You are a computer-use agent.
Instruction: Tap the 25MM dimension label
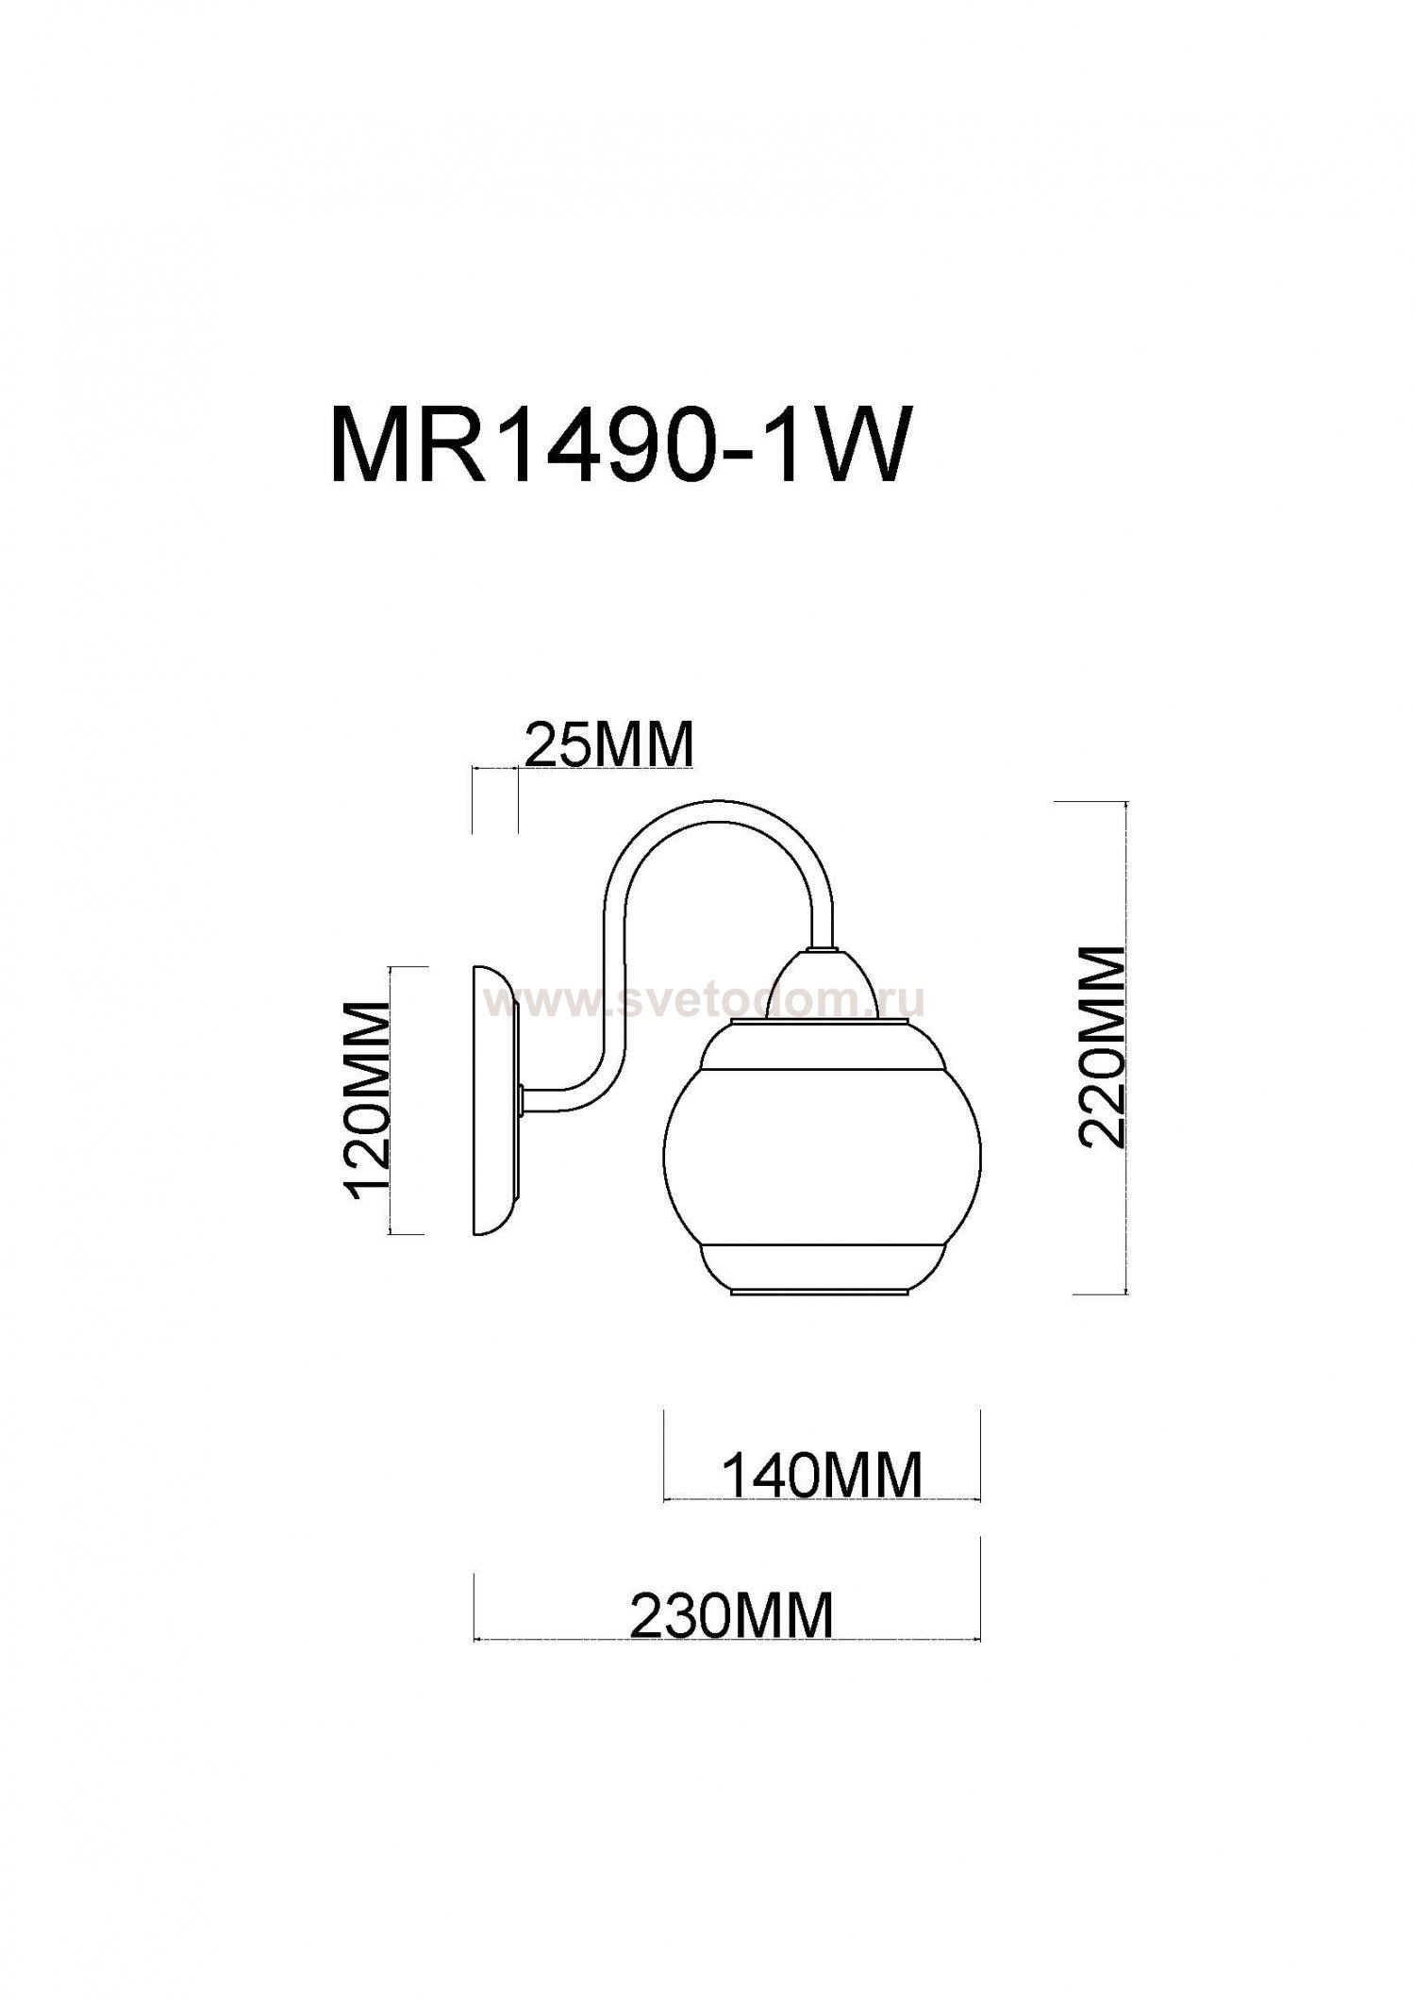point(608,745)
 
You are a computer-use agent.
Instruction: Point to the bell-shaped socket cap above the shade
point(823,986)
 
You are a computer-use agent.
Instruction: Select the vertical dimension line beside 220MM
point(1127,1047)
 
